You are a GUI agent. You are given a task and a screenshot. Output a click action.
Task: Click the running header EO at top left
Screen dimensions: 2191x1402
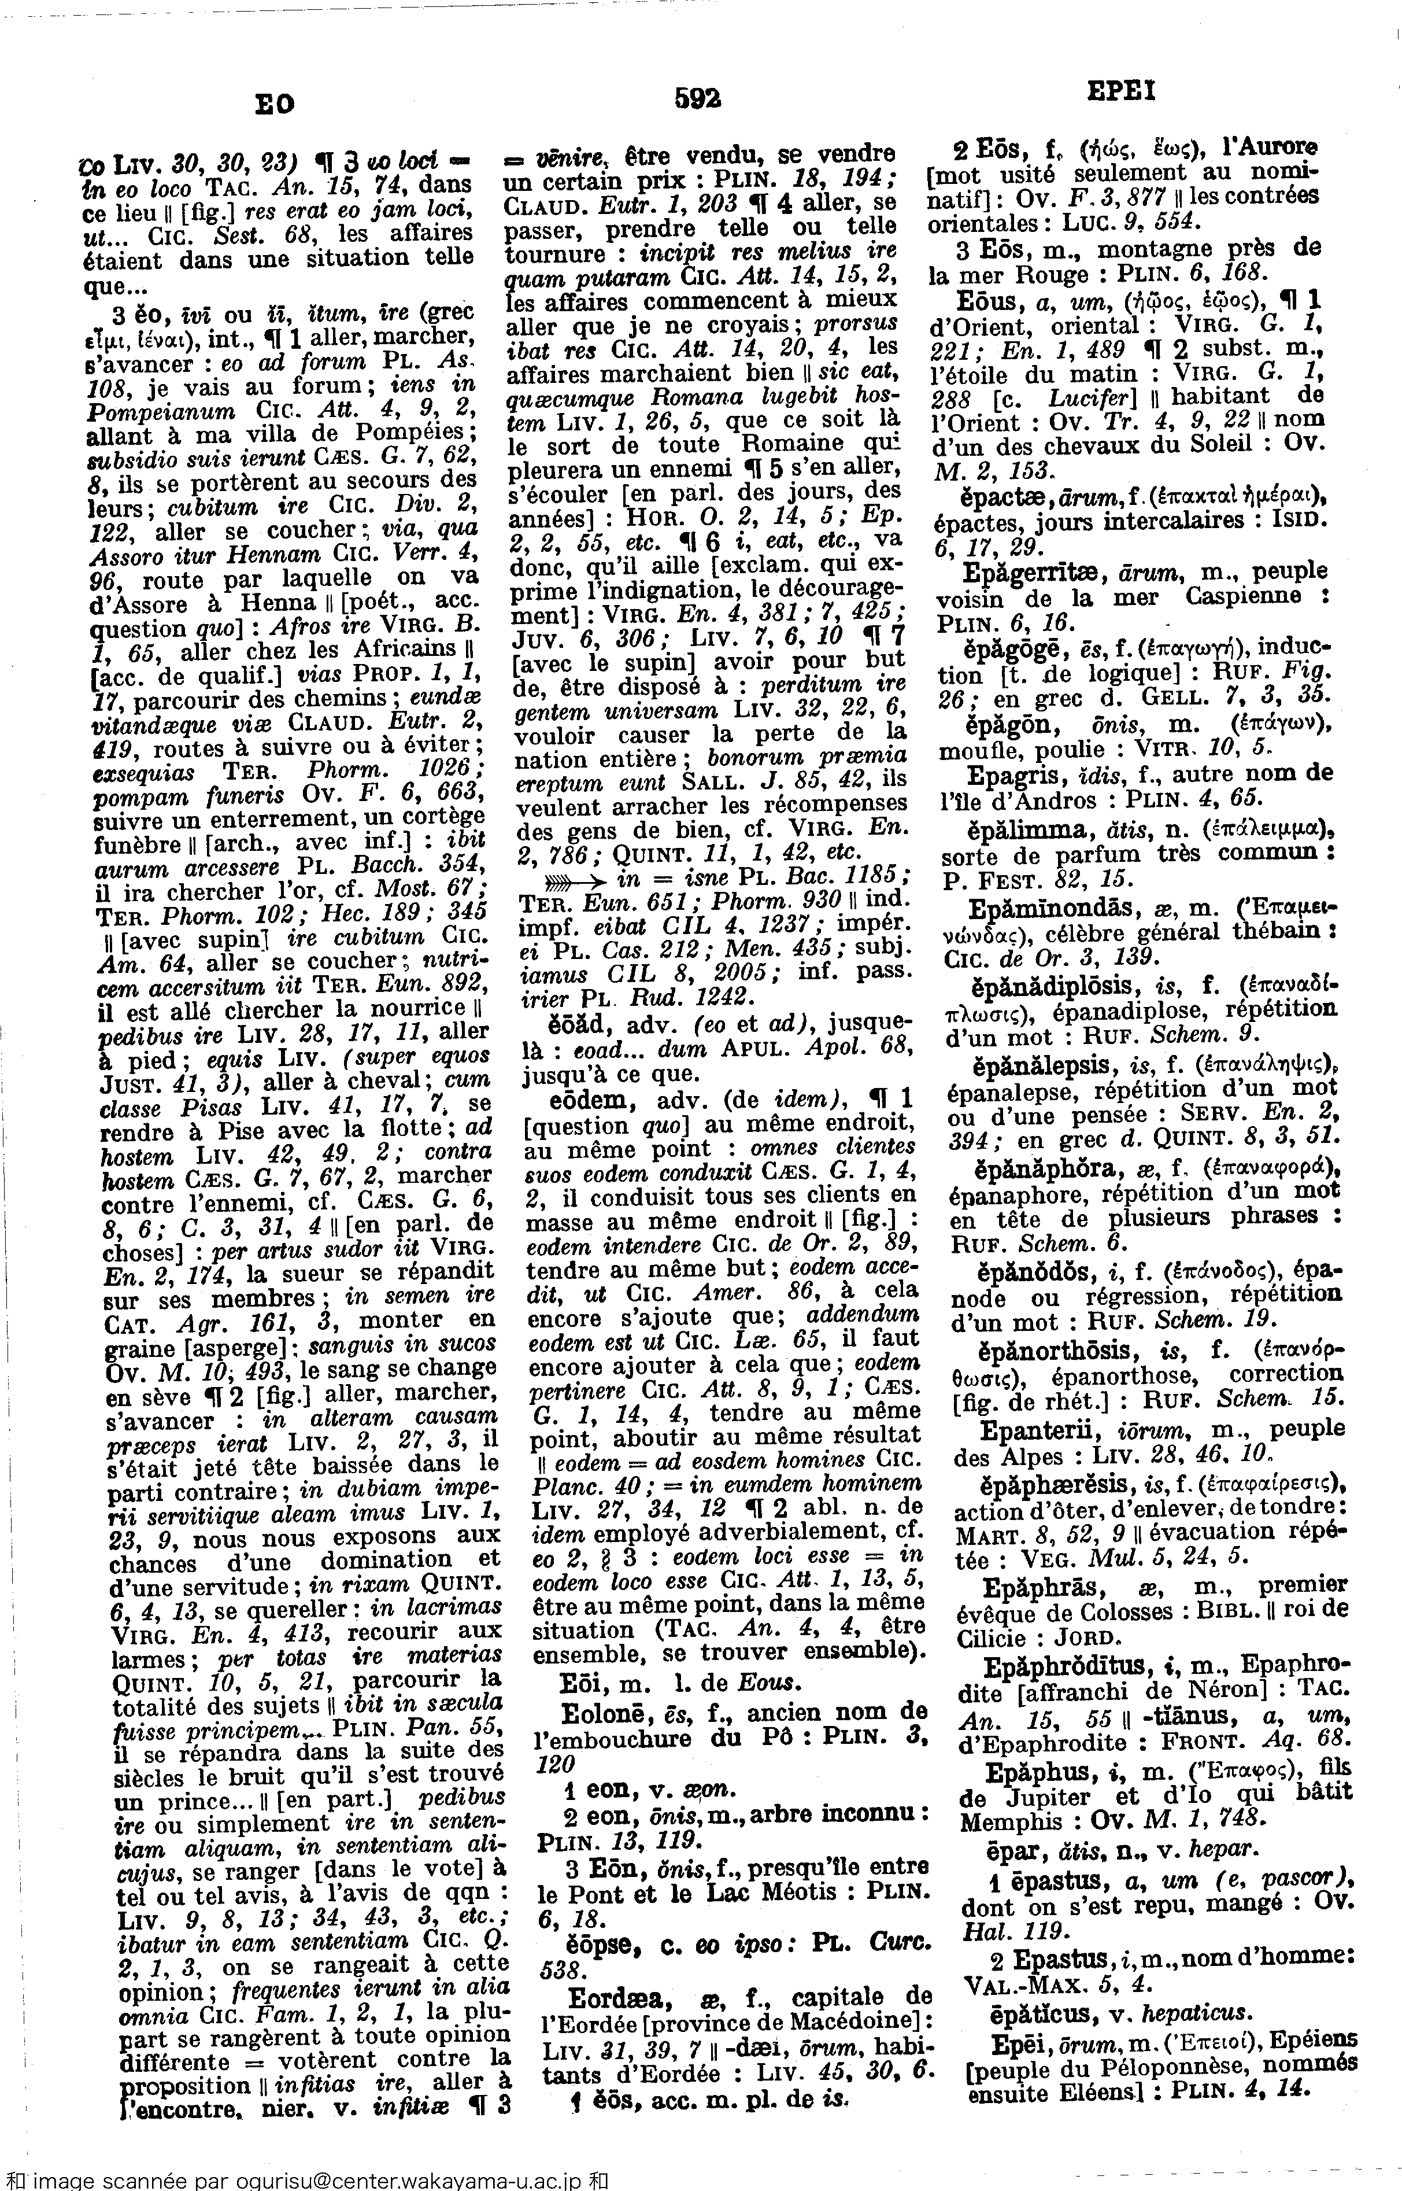coord(274,105)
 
